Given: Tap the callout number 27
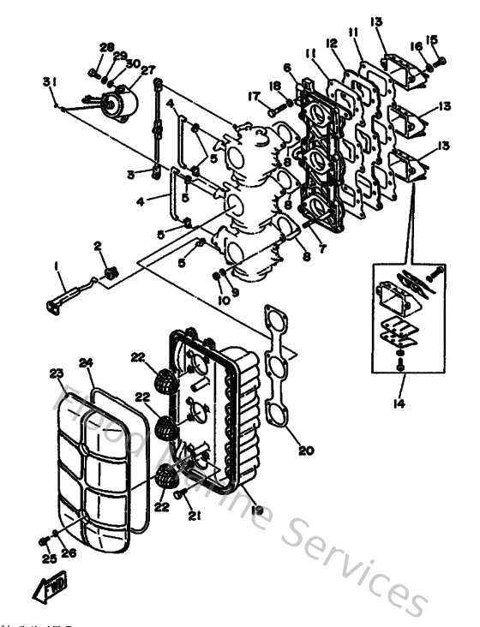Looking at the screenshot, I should (148, 70).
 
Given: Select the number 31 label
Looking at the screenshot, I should (50, 81).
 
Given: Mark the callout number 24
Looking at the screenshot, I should (86, 361).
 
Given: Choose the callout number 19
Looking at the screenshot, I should (256, 510).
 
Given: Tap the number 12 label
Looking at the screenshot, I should (332, 43).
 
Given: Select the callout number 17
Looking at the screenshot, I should (255, 95).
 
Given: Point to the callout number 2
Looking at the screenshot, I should (99, 247).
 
